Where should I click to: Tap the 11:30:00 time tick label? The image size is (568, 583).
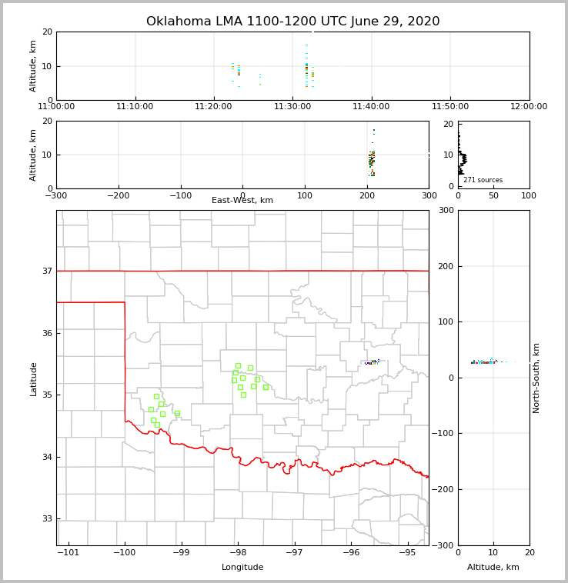pos(292,107)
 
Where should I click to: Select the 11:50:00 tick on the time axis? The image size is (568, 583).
pos(450,107)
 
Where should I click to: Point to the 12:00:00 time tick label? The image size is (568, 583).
pos(529,107)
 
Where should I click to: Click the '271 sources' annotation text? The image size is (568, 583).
pos(483,180)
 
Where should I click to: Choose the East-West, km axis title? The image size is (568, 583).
pos(242,201)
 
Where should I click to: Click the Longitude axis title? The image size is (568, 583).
pos(242,568)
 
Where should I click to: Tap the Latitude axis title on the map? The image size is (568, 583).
pos(33,378)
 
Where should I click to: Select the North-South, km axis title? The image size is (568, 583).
pos(537,378)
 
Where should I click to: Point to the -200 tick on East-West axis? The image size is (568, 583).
pos(118,195)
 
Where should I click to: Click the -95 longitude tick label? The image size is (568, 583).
pos(407,553)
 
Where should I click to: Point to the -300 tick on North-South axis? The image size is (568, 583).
pos(446,545)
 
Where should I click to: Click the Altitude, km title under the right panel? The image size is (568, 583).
pos(493,568)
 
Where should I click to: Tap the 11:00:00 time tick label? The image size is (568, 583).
pos(56,107)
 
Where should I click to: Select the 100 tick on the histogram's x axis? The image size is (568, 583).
pos(530,195)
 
